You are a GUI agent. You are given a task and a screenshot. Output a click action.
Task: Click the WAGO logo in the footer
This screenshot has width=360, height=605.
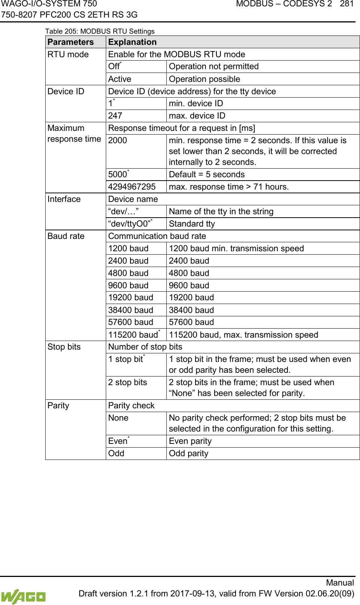23,596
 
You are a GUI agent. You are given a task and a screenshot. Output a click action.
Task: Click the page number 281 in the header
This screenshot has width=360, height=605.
347,4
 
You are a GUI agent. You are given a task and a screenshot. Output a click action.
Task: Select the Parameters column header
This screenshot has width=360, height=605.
71,42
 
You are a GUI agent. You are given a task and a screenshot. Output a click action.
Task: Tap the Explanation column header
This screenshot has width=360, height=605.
132,42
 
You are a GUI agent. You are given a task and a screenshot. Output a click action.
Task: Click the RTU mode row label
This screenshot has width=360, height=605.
68,55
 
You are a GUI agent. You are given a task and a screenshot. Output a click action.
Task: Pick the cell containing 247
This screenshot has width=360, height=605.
115,116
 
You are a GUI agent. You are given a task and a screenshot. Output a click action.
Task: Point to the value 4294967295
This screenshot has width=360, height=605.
132,187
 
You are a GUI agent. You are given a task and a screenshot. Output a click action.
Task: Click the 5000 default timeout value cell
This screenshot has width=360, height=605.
118,175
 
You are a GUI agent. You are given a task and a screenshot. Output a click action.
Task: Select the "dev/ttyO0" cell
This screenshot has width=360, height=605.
130,224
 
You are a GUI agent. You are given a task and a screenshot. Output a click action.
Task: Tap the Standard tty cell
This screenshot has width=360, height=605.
192,224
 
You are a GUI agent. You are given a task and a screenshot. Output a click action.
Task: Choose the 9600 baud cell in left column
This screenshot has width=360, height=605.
128,286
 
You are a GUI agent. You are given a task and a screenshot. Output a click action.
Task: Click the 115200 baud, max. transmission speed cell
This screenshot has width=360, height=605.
243,335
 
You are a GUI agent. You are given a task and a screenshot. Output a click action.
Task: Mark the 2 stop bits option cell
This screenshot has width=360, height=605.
127,383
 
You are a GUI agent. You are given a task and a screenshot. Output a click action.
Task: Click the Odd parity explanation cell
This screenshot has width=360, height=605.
188,454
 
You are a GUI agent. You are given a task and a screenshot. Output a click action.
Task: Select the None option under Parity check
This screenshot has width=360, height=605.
118,418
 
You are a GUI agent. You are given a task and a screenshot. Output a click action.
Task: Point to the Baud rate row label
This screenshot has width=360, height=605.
66,236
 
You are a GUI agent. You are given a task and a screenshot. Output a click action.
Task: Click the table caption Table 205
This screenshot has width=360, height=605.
99,31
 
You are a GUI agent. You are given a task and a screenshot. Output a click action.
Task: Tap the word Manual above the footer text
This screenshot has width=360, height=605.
340,583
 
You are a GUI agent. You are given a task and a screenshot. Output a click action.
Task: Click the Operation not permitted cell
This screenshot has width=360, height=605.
213,67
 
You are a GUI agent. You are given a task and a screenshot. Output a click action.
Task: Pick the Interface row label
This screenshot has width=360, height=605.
64,199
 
